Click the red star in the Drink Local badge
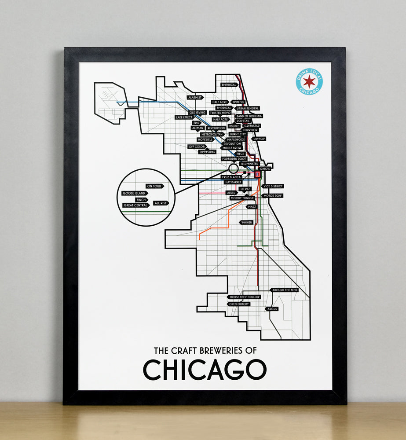click(309, 81)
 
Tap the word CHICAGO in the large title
click(205, 370)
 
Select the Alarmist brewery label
click(194, 97)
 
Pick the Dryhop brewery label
click(259, 139)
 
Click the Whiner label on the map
click(246, 223)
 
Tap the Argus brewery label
click(272, 309)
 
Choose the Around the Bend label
click(285, 290)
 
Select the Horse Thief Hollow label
click(245, 297)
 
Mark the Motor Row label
click(272, 195)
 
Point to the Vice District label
click(273, 187)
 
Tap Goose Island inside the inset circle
click(134, 193)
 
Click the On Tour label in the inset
click(154, 187)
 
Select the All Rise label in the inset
click(161, 203)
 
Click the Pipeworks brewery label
click(207, 152)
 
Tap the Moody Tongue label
click(242, 198)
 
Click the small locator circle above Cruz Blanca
click(234, 168)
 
